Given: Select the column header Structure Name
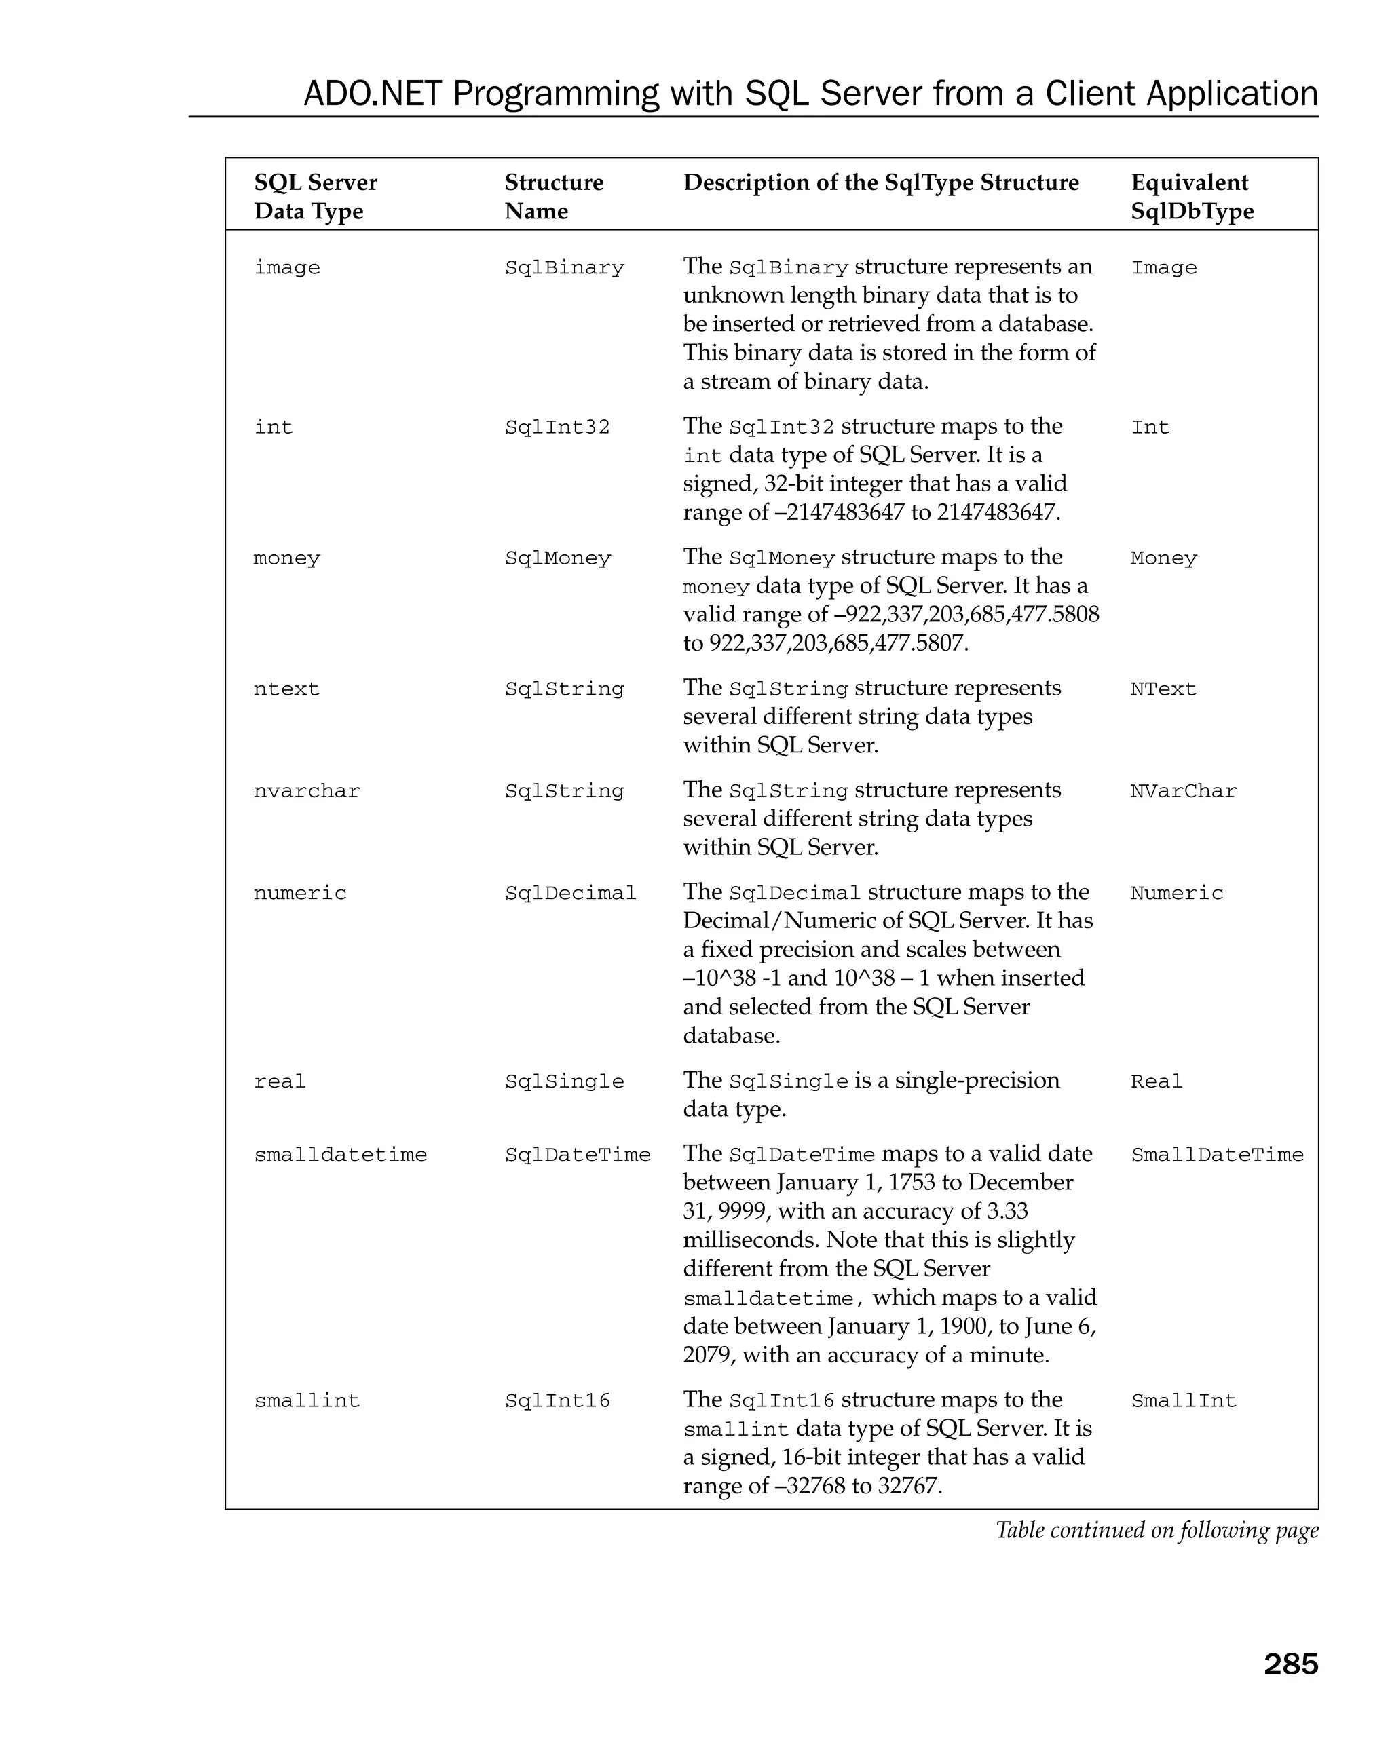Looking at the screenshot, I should coord(553,197).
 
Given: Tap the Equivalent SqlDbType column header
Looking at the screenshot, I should coord(1191,197).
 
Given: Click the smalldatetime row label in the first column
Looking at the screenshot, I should coord(341,1155).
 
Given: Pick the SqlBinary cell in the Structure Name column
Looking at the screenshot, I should coord(565,267).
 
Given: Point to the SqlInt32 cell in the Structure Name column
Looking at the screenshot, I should coord(557,427).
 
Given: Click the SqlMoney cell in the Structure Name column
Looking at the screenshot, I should coord(557,558).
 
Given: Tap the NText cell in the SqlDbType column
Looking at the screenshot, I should coord(1162,689).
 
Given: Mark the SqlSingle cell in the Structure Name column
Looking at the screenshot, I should coord(565,1081).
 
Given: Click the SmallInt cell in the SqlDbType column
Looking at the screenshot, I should coord(1183,1400).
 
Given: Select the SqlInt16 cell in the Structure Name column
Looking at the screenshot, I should coord(557,1400).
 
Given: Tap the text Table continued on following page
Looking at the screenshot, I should coord(1157,1531).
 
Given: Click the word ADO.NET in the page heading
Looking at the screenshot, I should coord(373,94).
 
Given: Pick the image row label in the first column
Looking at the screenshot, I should coord(287,267).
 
